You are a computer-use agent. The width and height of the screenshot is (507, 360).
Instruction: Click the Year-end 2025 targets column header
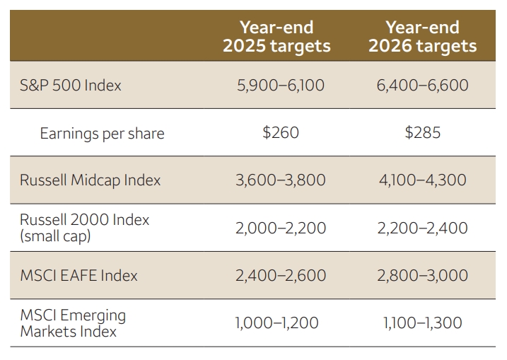click(276, 37)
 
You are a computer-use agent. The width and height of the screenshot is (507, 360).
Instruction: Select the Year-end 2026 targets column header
click(423, 37)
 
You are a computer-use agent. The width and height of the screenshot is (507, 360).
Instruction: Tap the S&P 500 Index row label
click(71, 86)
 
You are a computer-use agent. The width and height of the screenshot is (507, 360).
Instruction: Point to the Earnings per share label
click(102, 134)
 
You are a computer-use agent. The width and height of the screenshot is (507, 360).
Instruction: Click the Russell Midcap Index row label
click(91, 180)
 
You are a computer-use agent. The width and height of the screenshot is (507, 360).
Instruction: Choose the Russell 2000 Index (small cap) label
click(84, 228)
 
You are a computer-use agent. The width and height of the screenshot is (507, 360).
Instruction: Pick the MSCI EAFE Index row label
click(79, 276)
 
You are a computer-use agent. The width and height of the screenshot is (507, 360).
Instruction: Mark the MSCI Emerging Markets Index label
click(73, 323)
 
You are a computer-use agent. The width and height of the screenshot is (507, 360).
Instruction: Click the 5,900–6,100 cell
click(281, 86)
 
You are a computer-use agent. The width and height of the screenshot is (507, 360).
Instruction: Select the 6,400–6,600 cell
click(423, 86)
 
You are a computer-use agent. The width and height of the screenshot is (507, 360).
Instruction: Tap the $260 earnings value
click(281, 133)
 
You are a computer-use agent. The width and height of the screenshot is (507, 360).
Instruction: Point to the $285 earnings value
click(423, 133)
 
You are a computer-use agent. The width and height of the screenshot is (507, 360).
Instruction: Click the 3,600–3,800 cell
click(281, 180)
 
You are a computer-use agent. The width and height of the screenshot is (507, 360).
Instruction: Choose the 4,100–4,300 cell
click(423, 180)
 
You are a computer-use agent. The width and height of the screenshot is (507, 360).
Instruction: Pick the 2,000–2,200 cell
click(281, 228)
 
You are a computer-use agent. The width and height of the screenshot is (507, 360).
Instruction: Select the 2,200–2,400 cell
click(423, 228)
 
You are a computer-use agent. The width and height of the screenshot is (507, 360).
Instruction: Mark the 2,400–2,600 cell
click(281, 276)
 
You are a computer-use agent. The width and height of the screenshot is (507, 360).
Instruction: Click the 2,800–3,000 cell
click(423, 276)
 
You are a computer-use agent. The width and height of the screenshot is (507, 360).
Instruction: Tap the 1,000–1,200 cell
click(276, 323)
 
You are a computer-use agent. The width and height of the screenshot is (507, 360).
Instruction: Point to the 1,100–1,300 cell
click(423, 323)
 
